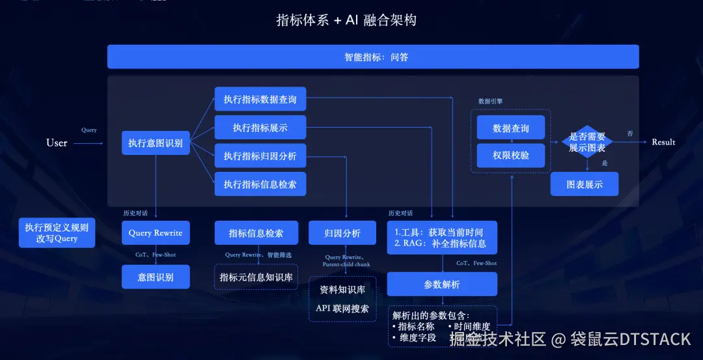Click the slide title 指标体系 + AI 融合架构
pos(346,20)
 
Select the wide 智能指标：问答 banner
pos(373,57)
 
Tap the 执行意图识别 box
pos(156,143)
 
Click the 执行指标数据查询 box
pos(260,100)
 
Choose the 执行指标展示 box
pos(260,128)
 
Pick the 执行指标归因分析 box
pos(260,156)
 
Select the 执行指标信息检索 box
pos(260,184)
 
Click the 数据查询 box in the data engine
pos(511,128)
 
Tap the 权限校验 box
pos(511,156)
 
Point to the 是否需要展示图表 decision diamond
pos(587,142)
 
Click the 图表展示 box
pos(584,184)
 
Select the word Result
pos(663,142)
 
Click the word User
pos(57,143)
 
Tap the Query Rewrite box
pos(156,233)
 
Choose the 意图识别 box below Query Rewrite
pos(156,277)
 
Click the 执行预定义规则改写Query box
pos(57,233)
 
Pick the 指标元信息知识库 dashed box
pos(256,277)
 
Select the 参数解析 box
pos(442,284)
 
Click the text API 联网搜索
pos(342,309)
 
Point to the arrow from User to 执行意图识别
pos(88,143)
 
